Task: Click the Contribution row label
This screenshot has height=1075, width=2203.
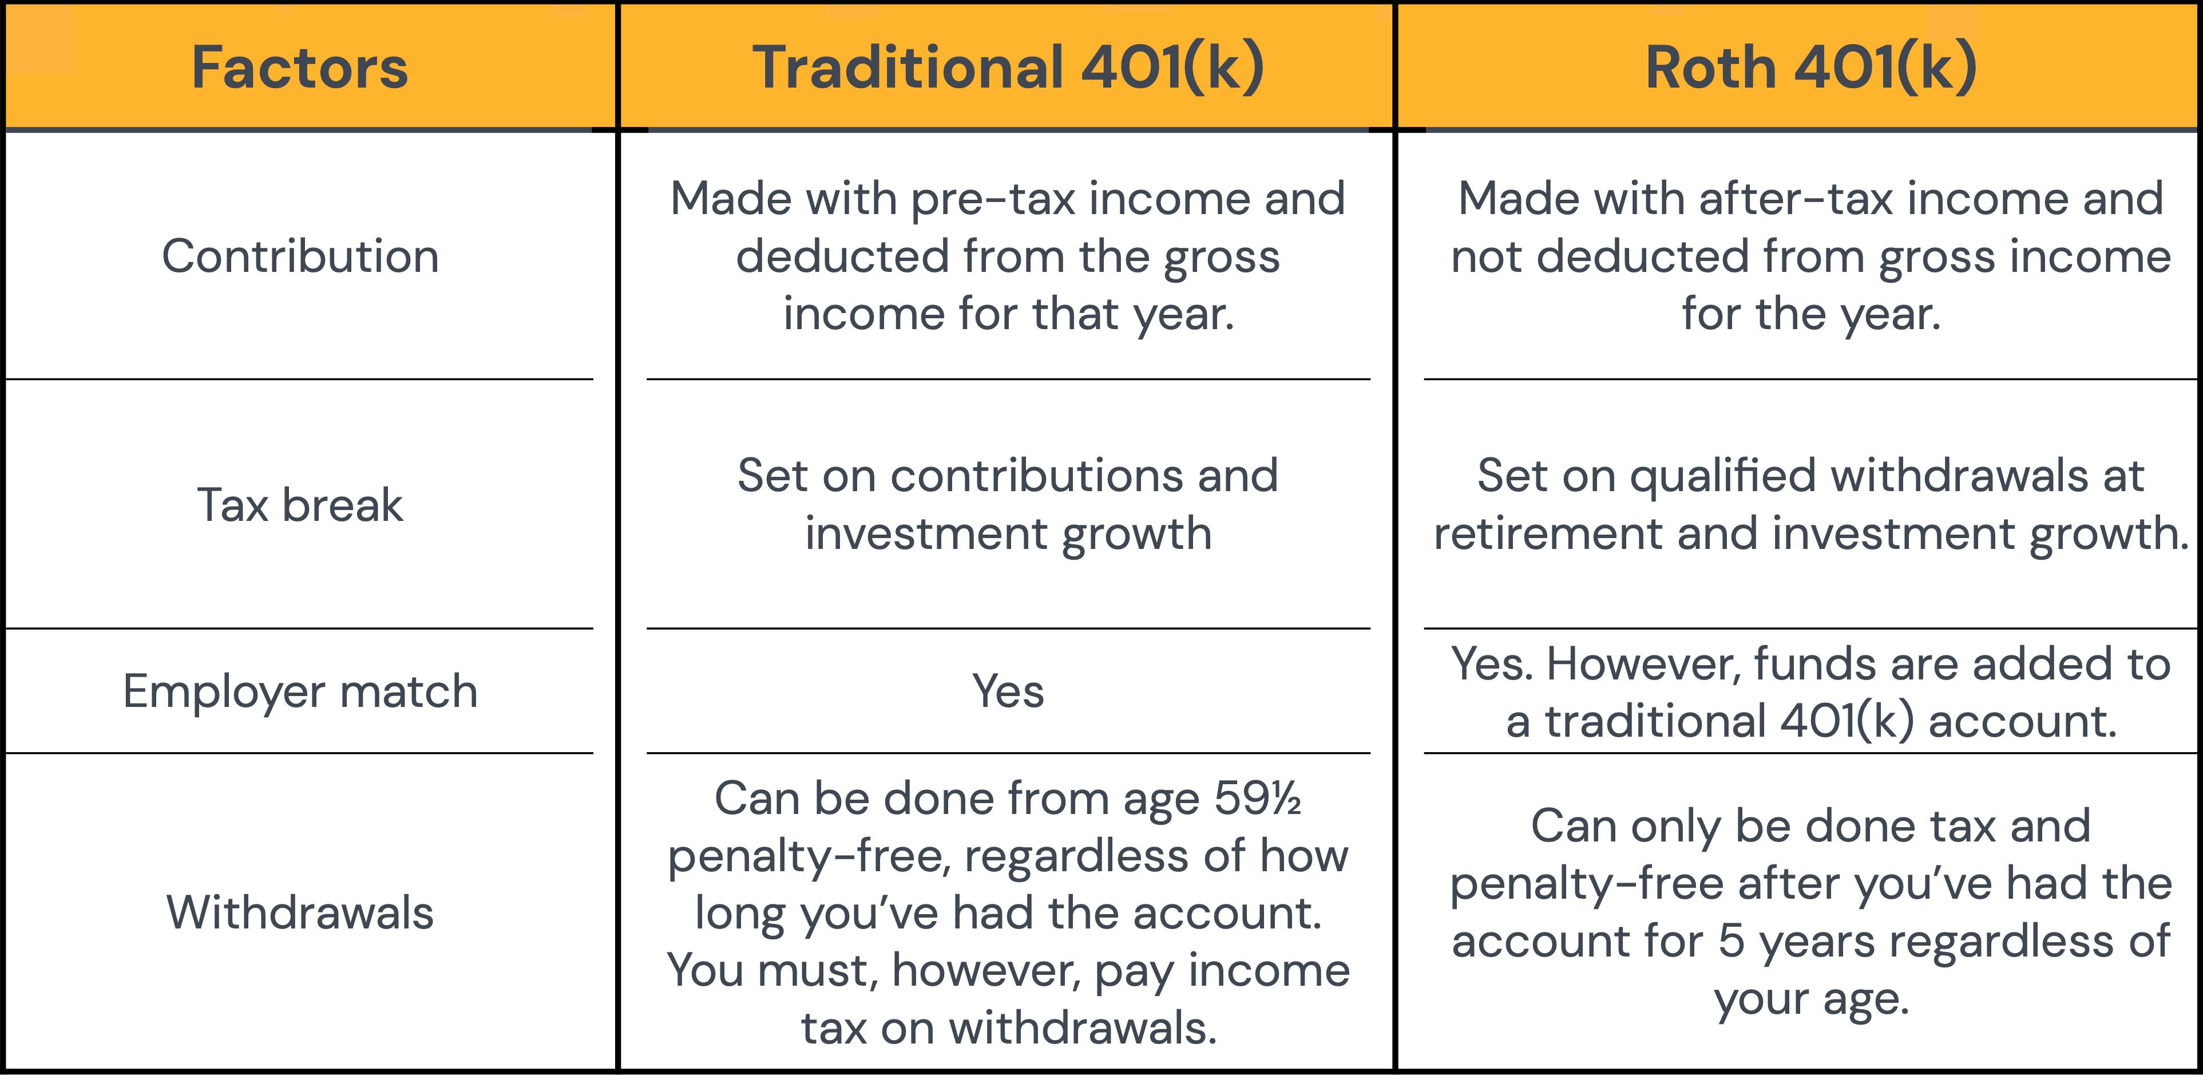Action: pos(300,256)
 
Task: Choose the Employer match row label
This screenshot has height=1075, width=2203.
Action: pos(300,691)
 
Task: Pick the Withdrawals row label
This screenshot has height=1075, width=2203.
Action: pos(300,912)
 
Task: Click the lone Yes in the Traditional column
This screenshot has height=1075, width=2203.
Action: pos(1008,691)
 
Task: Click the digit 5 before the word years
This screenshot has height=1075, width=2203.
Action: pos(1731,940)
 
